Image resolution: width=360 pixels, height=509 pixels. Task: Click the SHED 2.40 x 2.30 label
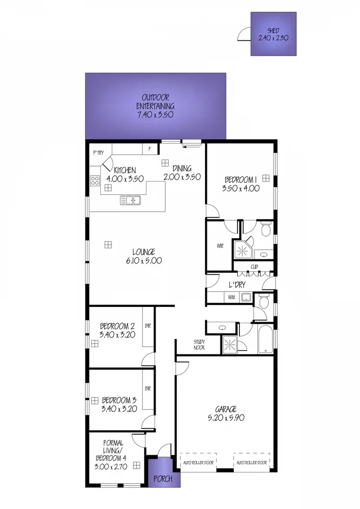pyautogui.click(x=273, y=34)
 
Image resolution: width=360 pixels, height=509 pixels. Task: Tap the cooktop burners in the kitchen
pyautogui.click(x=95, y=181)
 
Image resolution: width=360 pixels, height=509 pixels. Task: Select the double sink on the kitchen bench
pyautogui.click(x=130, y=200)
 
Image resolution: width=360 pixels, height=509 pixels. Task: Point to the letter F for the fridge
pyautogui.click(x=150, y=149)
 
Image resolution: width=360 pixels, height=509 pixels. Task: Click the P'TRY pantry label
pyautogui.click(x=98, y=153)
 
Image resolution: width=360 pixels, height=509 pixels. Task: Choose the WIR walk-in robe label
pyautogui.click(x=220, y=246)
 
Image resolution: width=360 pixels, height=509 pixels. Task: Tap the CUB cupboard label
pyautogui.click(x=254, y=267)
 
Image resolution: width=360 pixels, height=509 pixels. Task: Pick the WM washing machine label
pyautogui.click(x=230, y=297)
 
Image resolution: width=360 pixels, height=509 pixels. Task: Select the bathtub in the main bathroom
pyautogui.click(x=264, y=339)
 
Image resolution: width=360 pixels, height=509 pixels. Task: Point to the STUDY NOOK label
pyautogui.click(x=199, y=344)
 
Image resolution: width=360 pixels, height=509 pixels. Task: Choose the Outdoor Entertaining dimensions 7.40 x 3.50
pyautogui.click(x=155, y=115)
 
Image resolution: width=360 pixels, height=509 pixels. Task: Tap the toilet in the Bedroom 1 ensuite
pyautogui.click(x=265, y=229)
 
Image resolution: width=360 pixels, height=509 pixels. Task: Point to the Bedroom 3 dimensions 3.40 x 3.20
pyautogui.click(x=120, y=409)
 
